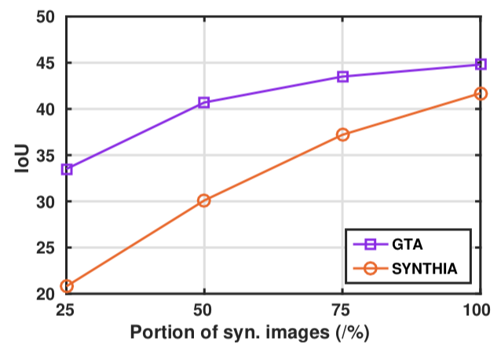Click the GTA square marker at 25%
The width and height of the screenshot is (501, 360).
point(67,169)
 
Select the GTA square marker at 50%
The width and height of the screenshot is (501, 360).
point(204,102)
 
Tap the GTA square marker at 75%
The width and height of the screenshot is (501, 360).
point(342,76)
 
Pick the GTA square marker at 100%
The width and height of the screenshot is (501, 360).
point(480,64)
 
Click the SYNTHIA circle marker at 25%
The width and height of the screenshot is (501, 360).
point(67,286)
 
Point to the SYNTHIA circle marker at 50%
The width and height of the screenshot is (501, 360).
point(204,200)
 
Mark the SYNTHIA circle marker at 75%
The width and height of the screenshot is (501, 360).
point(342,134)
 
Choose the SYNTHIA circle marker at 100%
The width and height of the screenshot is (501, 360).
point(480,94)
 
